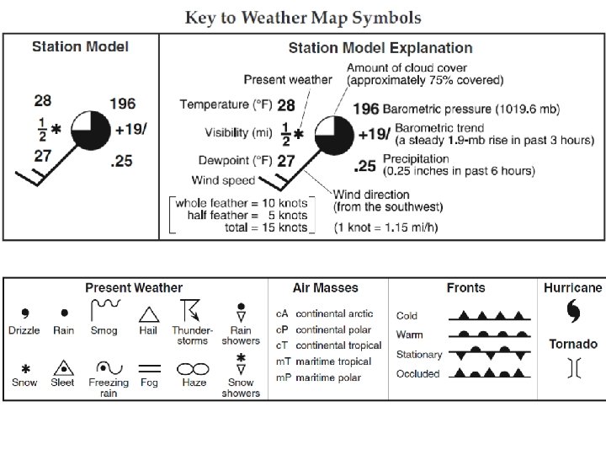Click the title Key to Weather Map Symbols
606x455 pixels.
[303, 18]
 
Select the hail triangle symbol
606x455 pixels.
[149, 313]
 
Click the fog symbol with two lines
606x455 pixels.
[149, 368]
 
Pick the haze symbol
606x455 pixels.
[193, 368]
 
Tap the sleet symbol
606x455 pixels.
[64, 367]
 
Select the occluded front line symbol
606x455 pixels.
[488, 373]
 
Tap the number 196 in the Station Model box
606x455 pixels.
[122, 104]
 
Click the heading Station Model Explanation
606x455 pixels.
[380, 48]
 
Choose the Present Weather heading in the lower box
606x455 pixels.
[134, 288]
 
